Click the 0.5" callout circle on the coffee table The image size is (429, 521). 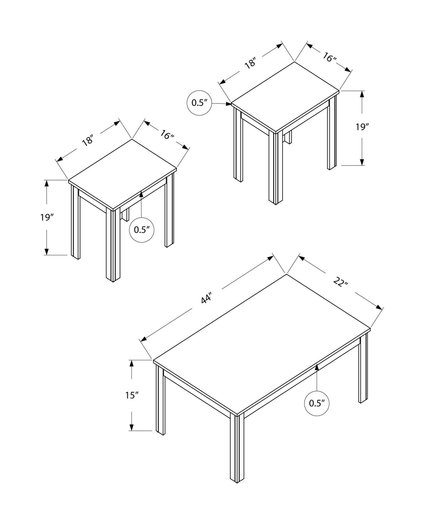click(x=317, y=411)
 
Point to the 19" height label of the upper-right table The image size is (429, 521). click(x=362, y=127)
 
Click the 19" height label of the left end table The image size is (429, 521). click(x=47, y=217)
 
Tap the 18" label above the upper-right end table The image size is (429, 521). click(x=251, y=64)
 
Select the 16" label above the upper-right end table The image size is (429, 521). click(x=330, y=57)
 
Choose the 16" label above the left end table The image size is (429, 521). click(x=167, y=135)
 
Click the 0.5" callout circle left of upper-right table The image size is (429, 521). click(x=199, y=103)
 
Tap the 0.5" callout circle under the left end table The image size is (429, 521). click(x=142, y=230)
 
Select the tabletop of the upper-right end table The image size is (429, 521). click(x=285, y=96)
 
